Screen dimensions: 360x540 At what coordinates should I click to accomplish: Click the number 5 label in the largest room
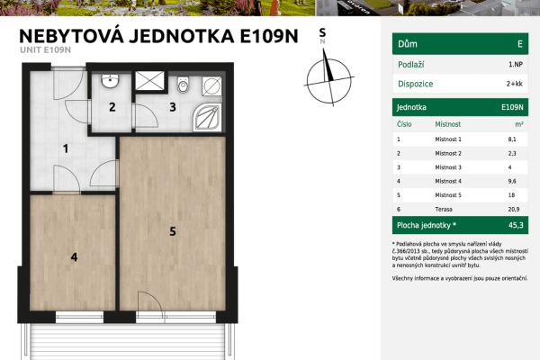(x=172, y=231)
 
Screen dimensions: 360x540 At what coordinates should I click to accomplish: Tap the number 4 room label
(x=74, y=256)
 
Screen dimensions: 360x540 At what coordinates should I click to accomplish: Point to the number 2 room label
(x=112, y=108)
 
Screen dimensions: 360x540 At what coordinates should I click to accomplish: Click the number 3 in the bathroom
(x=172, y=108)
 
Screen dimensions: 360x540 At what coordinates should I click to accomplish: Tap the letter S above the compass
(x=323, y=31)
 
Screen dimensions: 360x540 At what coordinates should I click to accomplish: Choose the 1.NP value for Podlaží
(x=515, y=64)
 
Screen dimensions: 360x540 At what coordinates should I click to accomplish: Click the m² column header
(x=518, y=123)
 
